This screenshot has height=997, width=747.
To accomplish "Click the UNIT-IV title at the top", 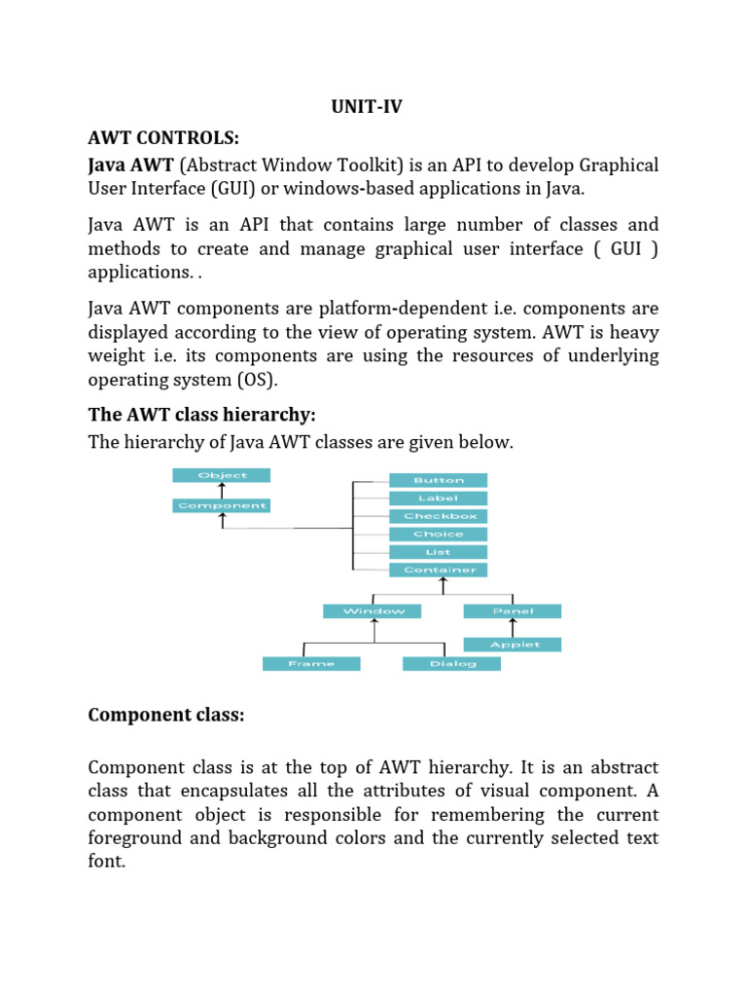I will tap(366, 108).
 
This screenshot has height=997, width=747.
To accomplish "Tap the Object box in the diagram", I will tap(222, 475).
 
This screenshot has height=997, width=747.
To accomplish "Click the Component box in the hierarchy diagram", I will tap(222, 505).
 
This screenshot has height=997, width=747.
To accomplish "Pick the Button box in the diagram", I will tap(439, 480).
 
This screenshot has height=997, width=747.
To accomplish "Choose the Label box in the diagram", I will tap(439, 498).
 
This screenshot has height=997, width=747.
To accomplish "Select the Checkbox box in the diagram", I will tap(439, 516).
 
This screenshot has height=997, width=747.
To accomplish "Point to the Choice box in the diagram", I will tap(439, 534).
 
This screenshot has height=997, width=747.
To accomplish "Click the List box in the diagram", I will tap(439, 552).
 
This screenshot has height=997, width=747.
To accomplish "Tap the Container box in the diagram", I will tap(439, 570).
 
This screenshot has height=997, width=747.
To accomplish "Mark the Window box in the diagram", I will tap(373, 611).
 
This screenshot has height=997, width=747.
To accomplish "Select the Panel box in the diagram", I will tap(513, 611).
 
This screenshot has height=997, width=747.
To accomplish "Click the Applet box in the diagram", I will tap(513, 645).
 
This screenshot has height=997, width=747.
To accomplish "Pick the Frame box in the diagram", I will tap(311, 664).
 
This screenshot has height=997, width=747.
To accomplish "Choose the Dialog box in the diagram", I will tap(452, 664).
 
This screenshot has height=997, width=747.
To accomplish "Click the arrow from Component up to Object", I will tap(222, 491).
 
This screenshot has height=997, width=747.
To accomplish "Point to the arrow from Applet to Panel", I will tap(513, 628).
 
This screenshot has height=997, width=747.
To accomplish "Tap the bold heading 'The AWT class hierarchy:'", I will tap(201, 415).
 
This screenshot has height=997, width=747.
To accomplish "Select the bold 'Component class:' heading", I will tap(166, 715).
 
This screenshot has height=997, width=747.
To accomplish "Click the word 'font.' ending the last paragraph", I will tap(107, 862).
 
